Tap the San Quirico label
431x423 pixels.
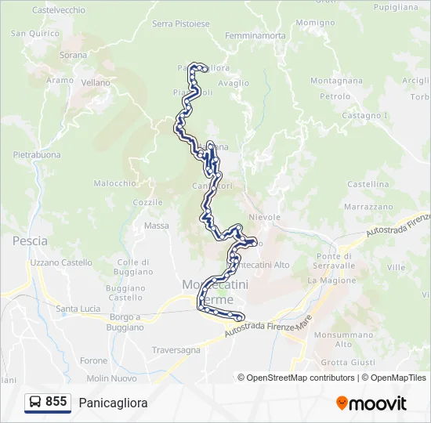pyautogui.click(x=34, y=34)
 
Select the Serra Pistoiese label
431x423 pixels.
pyautogui.click(x=181, y=23)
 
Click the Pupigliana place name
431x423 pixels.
pyautogui.click(x=396, y=6)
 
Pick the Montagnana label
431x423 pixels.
pyautogui.click(x=336, y=81)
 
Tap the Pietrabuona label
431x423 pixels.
pyautogui.click(x=37, y=155)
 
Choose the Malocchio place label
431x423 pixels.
pyautogui.click(x=115, y=183)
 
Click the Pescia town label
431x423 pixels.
pyautogui.click(x=30, y=241)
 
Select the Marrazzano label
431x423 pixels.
pyautogui.click(x=368, y=207)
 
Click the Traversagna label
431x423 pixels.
pyautogui.click(x=176, y=350)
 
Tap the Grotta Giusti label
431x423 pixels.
pyautogui.click(x=349, y=362)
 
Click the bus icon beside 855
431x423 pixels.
pyautogui.click(x=35, y=403)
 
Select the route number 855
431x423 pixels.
pyautogui.click(x=56, y=402)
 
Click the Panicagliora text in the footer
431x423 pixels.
pyautogui.click(x=113, y=403)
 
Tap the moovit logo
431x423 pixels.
pyautogui.click(x=371, y=403)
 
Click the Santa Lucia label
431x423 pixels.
pyautogui.click(x=78, y=309)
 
